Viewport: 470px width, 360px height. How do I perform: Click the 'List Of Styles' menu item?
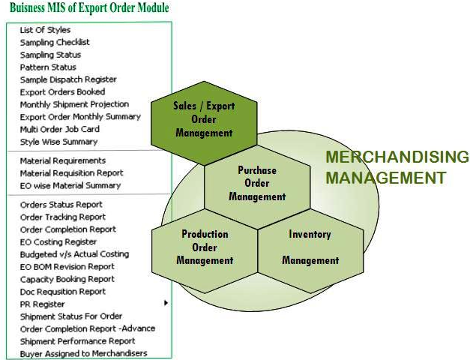coord(45,30)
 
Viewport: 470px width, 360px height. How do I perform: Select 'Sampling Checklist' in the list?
coord(55,42)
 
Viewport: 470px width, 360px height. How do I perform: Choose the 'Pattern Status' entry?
coord(48,67)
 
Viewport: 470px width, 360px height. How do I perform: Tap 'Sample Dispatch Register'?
coord(68,79)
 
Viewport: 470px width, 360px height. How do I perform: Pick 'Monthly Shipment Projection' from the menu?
coord(74,104)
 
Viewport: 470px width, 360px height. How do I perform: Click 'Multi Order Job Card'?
coord(60,129)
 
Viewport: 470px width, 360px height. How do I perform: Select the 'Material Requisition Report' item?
coord(72,173)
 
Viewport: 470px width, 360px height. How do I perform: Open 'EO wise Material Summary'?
coord(70,186)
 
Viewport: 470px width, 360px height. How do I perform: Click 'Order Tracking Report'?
coord(63,217)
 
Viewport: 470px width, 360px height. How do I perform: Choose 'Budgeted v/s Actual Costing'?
coord(74,254)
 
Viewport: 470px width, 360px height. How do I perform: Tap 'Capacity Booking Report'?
coord(67,279)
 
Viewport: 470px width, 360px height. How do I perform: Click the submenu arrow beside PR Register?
coord(166,303)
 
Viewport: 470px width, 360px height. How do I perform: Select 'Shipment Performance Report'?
coord(77,341)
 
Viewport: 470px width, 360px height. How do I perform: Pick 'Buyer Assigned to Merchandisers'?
coord(84,354)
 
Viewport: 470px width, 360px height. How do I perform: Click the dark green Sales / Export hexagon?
coord(204,123)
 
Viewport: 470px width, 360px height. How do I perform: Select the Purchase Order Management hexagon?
coord(257,187)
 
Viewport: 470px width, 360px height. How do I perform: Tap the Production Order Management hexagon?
coord(205,250)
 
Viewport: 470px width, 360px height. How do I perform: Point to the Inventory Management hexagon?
coord(310,250)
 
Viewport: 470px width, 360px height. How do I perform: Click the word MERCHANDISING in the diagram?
coord(397,157)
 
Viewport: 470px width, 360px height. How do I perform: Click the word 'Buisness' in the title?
coord(28,7)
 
